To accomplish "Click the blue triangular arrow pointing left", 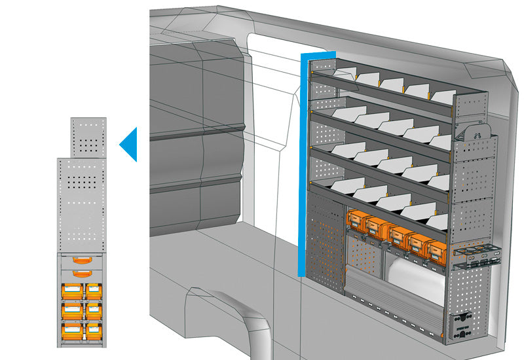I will click(x=130, y=144).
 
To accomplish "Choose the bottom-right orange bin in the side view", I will click(x=93, y=327).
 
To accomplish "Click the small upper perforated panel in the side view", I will click(x=88, y=137).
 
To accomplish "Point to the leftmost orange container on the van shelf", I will click(x=358, y=221).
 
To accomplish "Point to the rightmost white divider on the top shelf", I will click(x=443, y=96).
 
